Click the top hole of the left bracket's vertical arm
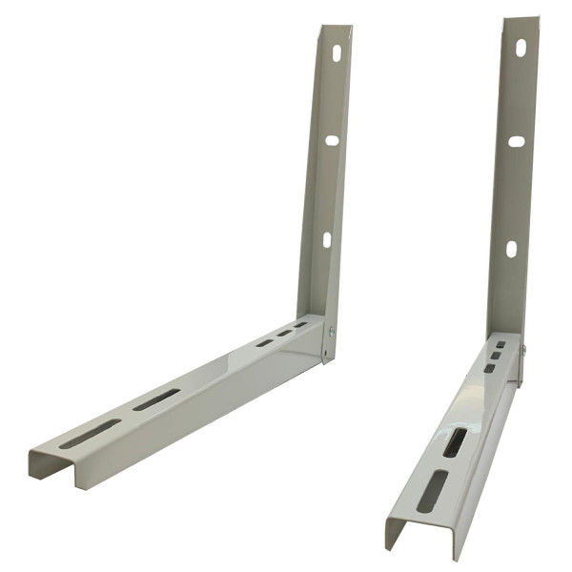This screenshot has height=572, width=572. pyautogui.click(x=336, y=53)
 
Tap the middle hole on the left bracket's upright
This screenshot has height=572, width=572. pyautogui.click(x=332, y=140)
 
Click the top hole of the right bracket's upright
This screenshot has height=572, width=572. pyautogui.click(x=521, y=48)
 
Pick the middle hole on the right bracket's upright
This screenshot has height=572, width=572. pyautogui.click(x=516, y=141)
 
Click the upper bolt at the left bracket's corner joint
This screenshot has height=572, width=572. pyautogui.click(x=332, y=333)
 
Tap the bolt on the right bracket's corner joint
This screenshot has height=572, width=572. pyautogui.click(x=521, y=348)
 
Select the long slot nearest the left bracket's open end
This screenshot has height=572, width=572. pyautogui.click(x=92, y=434)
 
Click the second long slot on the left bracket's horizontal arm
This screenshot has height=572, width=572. pyautogui.click(x=156, y=399)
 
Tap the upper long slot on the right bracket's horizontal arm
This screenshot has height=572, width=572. pyautogui.click(x=456, y=441)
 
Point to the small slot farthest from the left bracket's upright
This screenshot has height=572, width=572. pyautogui.click(x=264, y=342)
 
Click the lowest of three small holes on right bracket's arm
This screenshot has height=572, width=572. pyautogui.click(x=490, y=367)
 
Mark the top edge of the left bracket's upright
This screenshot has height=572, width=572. pyautogui.click(x=337, y=28)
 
